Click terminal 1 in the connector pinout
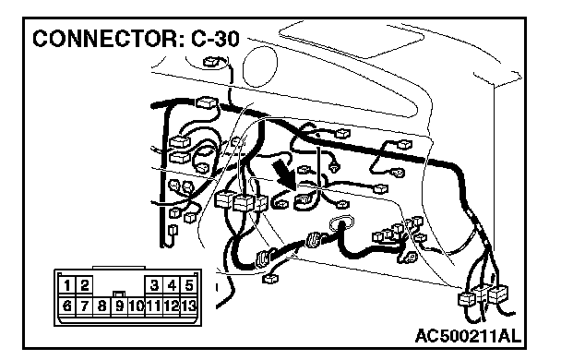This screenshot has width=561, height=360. pyautogui.click(x=66, y=285)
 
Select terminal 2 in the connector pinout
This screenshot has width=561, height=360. pyautogui.click(x=85, y=285)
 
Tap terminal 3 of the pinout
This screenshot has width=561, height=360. pyautogui.click(x=154, y=285)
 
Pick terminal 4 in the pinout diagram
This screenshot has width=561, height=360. pyautogui.click(x=172, y=285)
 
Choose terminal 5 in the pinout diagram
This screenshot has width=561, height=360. pyautogui.click(x=189, y=285)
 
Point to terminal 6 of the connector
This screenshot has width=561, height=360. pyautogui.click(x=66, y=306)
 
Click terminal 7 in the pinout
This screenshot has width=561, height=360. pyautogui.click(x=85, y=306)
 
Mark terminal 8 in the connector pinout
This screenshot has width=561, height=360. pyautogui.click(x=102, y=306)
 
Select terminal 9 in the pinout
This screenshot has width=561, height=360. pyautogui.click(x=120, y=306)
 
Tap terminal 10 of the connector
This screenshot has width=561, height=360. pyautogui.click(x=137, y=306)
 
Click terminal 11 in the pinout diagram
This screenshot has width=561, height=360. pyautogui.click(x=154, y=306)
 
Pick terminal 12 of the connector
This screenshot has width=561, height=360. pyautogui.click(x=172, y=306)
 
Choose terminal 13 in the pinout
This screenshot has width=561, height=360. pyautogui.click(x=189, y=306)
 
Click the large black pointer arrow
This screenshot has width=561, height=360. pyautogui.click(x=284, y=174)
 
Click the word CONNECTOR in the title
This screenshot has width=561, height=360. pyautogui.click(x=107, y=39)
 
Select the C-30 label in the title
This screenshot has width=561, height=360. pyautogui.click(x=215, y=39)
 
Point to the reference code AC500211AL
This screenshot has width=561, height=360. pyautogui.click(x=468, y=336)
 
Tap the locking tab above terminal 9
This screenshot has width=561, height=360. pyautogui.click(x=119, y=294)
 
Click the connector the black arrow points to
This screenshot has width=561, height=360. pyautogui.click(x=304, y=201)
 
